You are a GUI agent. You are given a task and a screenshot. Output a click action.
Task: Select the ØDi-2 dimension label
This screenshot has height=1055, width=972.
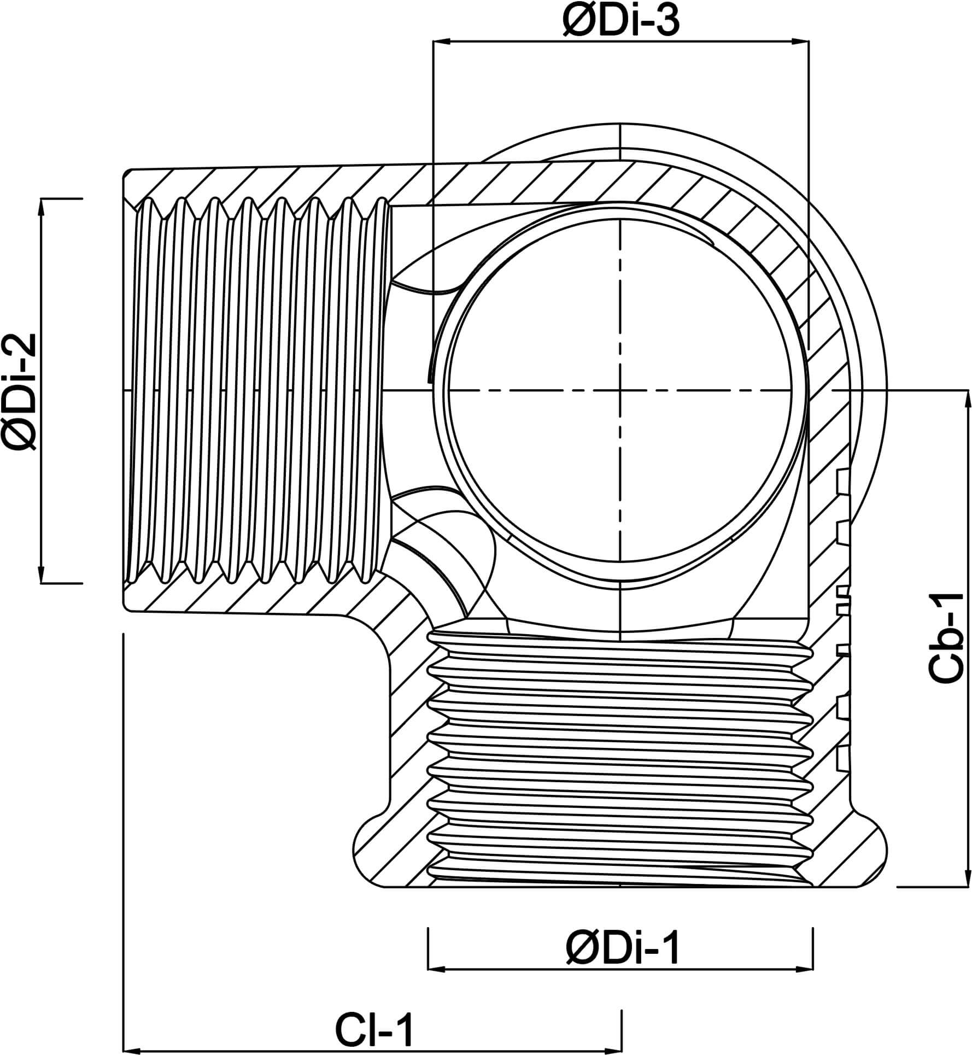pos(22,391)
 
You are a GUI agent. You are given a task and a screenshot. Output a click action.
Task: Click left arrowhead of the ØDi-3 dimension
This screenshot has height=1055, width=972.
pos(441,41)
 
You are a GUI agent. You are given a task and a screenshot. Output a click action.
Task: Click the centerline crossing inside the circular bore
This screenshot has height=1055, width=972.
pos(620,390)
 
